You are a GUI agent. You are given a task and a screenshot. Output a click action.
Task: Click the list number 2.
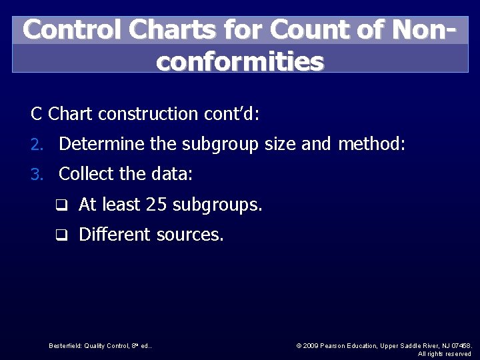tap(39, 145)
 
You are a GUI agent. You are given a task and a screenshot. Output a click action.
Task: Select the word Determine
tap(102, 144)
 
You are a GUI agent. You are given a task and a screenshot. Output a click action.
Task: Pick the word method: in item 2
tap(371, 144)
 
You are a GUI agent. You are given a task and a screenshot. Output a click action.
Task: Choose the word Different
tap(115, 235)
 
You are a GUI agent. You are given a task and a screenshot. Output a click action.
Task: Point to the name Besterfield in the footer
tap(65, 346)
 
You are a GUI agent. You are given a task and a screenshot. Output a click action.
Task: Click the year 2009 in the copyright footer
tap(311, 346)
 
